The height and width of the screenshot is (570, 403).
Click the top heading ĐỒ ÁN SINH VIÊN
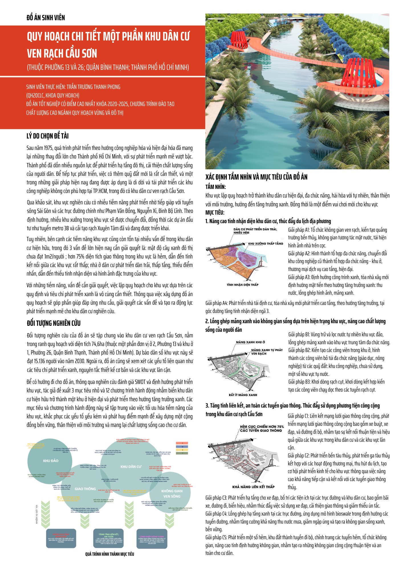(46, 18)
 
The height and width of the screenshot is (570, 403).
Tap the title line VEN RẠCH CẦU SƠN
(62, 54)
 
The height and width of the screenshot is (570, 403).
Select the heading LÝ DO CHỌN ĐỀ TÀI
(48, 136)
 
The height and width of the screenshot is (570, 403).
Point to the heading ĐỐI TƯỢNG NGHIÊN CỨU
(54, 323)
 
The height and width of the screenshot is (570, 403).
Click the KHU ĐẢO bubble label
(51, 461)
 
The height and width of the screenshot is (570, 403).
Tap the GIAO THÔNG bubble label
(85, 489)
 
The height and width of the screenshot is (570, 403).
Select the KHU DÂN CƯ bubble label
(131, 467)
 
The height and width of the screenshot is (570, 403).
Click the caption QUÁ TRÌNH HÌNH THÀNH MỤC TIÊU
(109, 554)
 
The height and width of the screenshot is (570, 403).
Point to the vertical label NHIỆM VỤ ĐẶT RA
(37, 514)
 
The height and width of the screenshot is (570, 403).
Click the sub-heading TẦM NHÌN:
(215, 187)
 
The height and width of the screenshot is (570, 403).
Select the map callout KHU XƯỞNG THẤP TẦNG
(265, 244)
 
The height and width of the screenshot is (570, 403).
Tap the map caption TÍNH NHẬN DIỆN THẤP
(243, 285)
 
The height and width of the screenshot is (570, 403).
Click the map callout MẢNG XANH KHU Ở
(250, 342)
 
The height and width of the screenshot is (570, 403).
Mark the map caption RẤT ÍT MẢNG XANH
(243, 395)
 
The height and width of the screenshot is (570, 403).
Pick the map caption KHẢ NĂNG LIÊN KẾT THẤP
(253, 487)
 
